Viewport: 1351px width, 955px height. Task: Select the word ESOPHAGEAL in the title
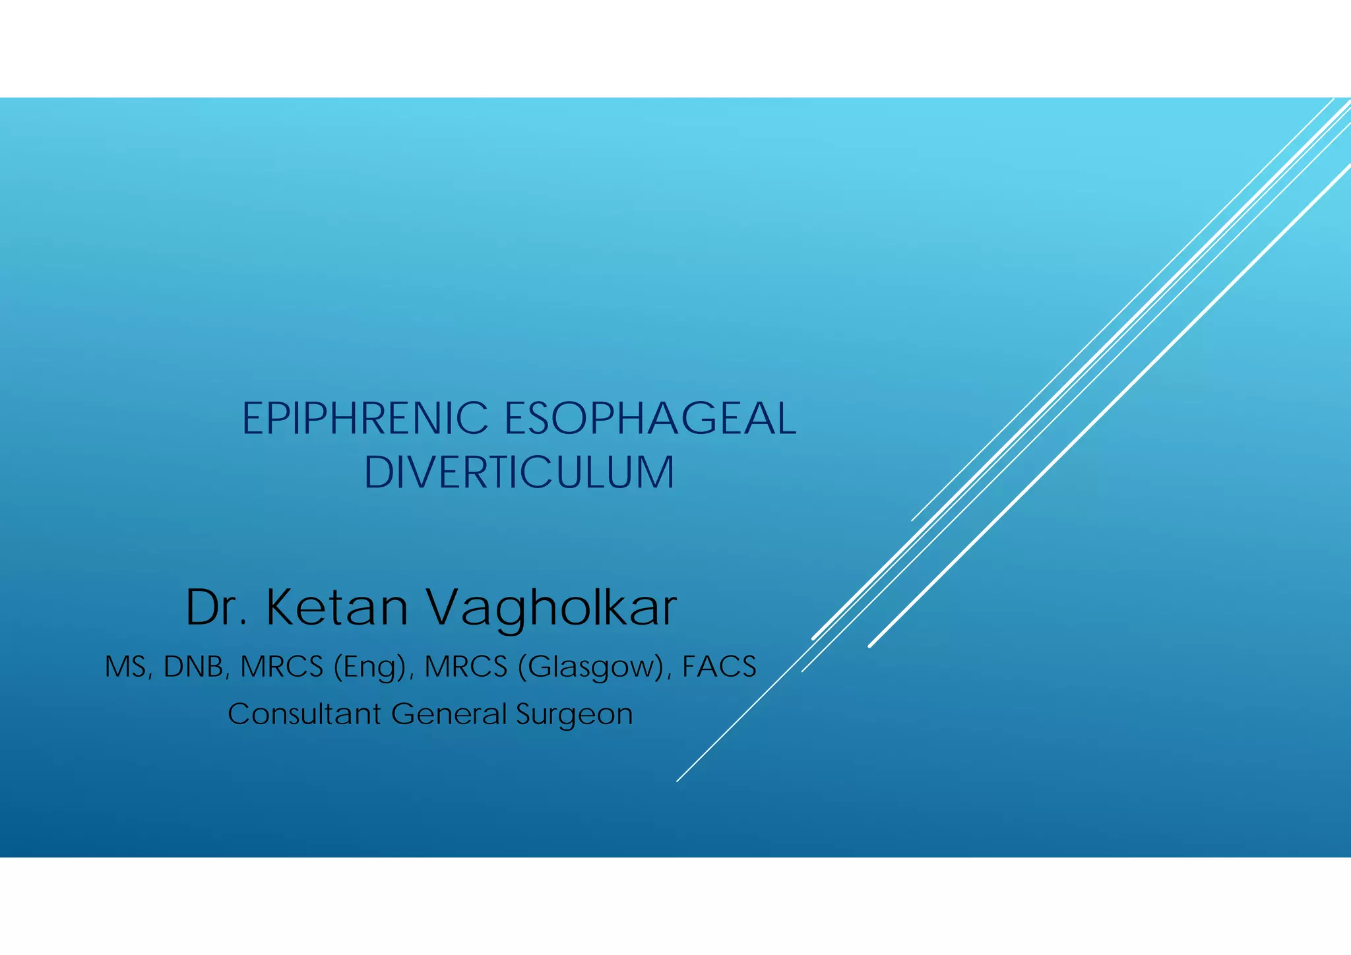pyautogui.click(x=650, y=419)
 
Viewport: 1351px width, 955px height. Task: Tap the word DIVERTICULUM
pyautogui.click(x=519, y=472)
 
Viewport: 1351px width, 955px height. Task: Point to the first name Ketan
pyautogui.click(x=337, y=607)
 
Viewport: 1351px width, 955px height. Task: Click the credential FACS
pyautogui.click(x=718, y=667)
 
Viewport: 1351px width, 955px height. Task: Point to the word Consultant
pyautogui.click(x=304, y=714)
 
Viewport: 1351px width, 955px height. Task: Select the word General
pyautogui.click(x=448, y=714)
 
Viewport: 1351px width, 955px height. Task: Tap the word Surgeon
pyautogui.click(x=574, y=715)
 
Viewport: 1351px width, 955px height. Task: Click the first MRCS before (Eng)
pyautogui.click(x=282, y=667)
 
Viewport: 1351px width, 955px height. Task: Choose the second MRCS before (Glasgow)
pyautogui.click(x=466, y=667)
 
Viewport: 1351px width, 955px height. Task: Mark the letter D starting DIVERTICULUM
pyautogui.click(x=378, y=472)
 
